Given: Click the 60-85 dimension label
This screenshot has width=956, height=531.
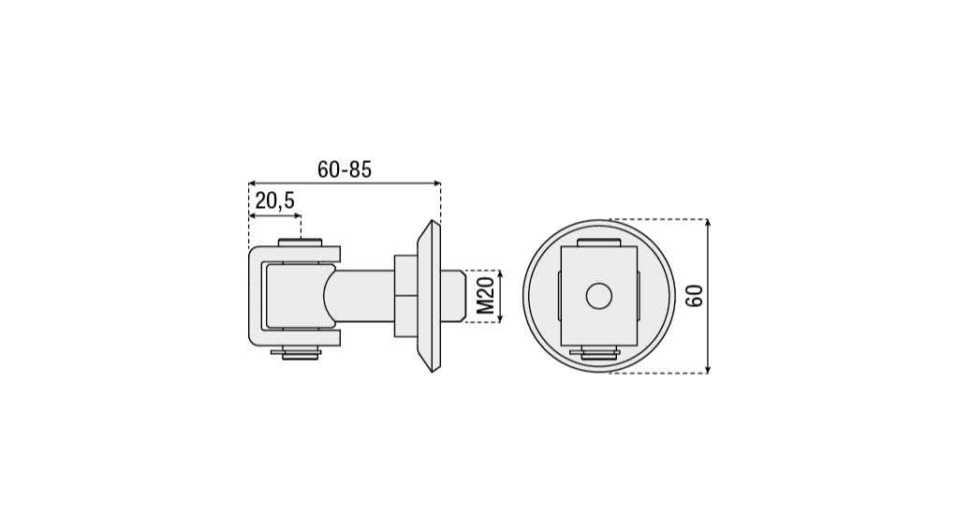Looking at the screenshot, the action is tap(345, 170).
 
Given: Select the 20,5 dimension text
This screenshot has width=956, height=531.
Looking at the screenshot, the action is tap(275, 200).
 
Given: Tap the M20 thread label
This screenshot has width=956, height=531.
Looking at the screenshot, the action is tap(485, 296).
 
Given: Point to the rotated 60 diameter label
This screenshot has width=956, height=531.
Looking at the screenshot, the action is tap(695, 296).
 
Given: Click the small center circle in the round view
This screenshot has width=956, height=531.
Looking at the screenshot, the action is tap(598, 296).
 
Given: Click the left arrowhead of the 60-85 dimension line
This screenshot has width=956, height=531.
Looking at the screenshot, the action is tap(252, 183).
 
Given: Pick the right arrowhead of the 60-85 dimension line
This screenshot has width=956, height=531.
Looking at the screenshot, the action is tap(436, 183).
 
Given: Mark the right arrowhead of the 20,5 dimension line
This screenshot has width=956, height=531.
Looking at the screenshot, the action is tap(298, 215).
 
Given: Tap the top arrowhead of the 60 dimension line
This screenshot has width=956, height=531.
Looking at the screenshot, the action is tap(707, 223).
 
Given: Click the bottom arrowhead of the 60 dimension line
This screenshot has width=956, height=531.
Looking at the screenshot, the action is tap(707, 369).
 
